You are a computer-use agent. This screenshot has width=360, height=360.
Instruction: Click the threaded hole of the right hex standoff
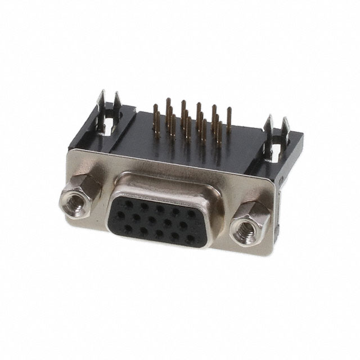(x=247, y=227)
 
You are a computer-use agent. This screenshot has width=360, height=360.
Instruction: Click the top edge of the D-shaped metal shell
(x=163, y=181)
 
